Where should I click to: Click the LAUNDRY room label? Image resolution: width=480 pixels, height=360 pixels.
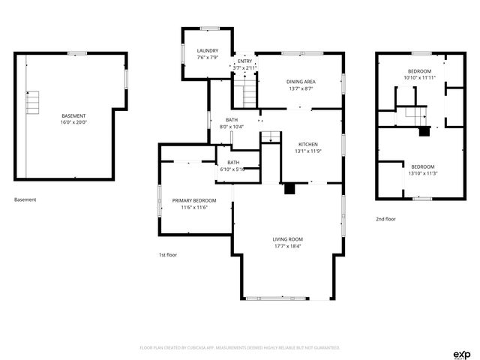[208, 51]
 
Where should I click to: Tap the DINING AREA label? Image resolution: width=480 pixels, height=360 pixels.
[300, 81]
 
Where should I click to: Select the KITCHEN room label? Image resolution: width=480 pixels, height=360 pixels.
[308, 144]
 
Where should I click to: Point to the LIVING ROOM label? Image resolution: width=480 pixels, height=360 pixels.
[287, 239]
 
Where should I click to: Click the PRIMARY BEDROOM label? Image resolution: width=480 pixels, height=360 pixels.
[194, 200]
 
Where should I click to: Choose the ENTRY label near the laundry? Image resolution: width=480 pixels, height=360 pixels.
[245, 61]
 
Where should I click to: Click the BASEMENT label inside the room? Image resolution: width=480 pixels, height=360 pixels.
[73, 115]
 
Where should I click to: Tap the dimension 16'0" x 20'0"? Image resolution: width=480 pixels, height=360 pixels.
[73, 122]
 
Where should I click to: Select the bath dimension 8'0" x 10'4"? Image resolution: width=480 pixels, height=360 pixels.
[232, 127]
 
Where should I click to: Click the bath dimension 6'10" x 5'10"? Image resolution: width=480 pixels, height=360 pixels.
[233, 169]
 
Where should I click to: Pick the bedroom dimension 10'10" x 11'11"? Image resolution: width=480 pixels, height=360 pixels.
[419, 77]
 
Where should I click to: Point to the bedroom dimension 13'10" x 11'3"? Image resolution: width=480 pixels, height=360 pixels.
[421, 173]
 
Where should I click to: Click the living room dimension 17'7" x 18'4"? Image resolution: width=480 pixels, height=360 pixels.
[287, 246]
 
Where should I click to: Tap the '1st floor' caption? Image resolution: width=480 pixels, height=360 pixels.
[168, 255]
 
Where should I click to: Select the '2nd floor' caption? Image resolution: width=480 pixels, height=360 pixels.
[385, 219]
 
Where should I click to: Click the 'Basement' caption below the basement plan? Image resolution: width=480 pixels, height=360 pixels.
[25, 199]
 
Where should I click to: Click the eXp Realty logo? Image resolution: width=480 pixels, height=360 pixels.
[461, 354]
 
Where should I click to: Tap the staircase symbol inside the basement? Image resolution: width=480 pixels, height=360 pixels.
[32, 101]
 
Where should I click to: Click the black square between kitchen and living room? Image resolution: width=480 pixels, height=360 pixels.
[289, 190]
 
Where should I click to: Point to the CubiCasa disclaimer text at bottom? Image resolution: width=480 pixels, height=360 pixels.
[240, 348]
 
